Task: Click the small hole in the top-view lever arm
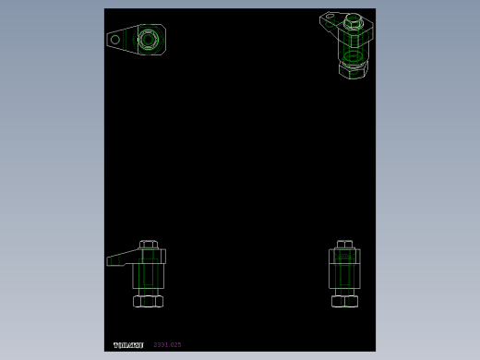click(x=115, y=40)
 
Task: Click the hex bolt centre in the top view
click(x=148, y=39)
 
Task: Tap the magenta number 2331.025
click(x=167, y=345)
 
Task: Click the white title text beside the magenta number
click(x=128, y=345)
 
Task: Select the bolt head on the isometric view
click(x=353, y=20)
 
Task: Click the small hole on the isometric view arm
click(x=330, y=16)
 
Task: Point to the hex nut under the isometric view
click(x=353, y=70)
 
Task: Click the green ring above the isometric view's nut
click(x=353, y=56)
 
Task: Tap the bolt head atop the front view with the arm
click(x=149, y=245)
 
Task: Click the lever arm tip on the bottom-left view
click(x=112, y=261)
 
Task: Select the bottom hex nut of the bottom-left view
click(x=148, y=301)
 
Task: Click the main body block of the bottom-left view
click(x=148, y=275)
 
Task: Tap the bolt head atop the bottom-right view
click(x=344, y=245)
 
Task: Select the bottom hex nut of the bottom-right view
click(x=344, y=301)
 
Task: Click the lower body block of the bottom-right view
click(x=344, y=276)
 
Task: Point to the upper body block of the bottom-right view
click(x=344, y=256)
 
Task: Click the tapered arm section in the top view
click(x=127, y=40)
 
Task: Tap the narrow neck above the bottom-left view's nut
click(x=148, y=292)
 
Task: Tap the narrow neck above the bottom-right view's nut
click(x=344, y=292)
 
